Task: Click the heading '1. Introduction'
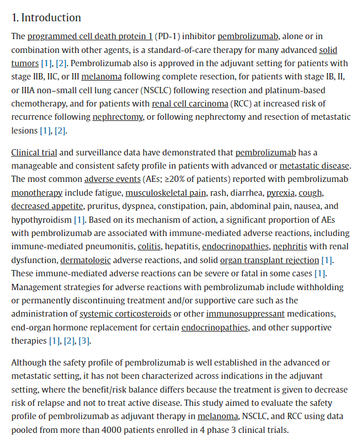tap(46, 17)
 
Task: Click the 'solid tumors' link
tap(328, 50)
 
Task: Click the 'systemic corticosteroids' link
tap(125, 314)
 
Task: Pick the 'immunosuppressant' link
tap(245, 314)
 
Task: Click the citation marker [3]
tap(84, 341)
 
